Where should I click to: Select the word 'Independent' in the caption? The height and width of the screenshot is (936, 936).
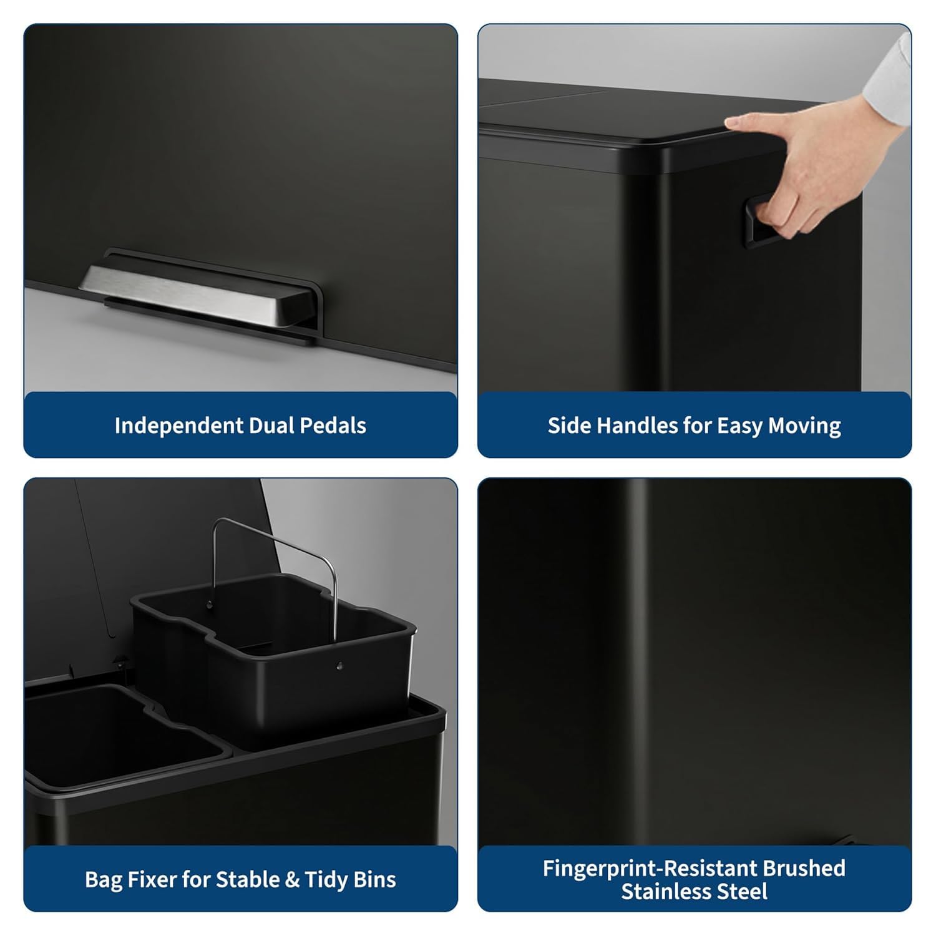(x=179, y=426)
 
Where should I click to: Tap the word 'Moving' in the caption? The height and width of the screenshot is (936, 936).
(x=804, y=426)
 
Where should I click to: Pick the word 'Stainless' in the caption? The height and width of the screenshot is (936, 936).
(x=669, y=892)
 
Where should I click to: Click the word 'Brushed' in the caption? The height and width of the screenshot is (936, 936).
(x=807, y=869)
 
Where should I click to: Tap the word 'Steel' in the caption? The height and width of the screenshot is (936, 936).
(x=745, y=892)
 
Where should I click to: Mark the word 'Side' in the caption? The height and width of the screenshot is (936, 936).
(x=570, y=426)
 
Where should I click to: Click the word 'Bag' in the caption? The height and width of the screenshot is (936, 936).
(x=104, y=880)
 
